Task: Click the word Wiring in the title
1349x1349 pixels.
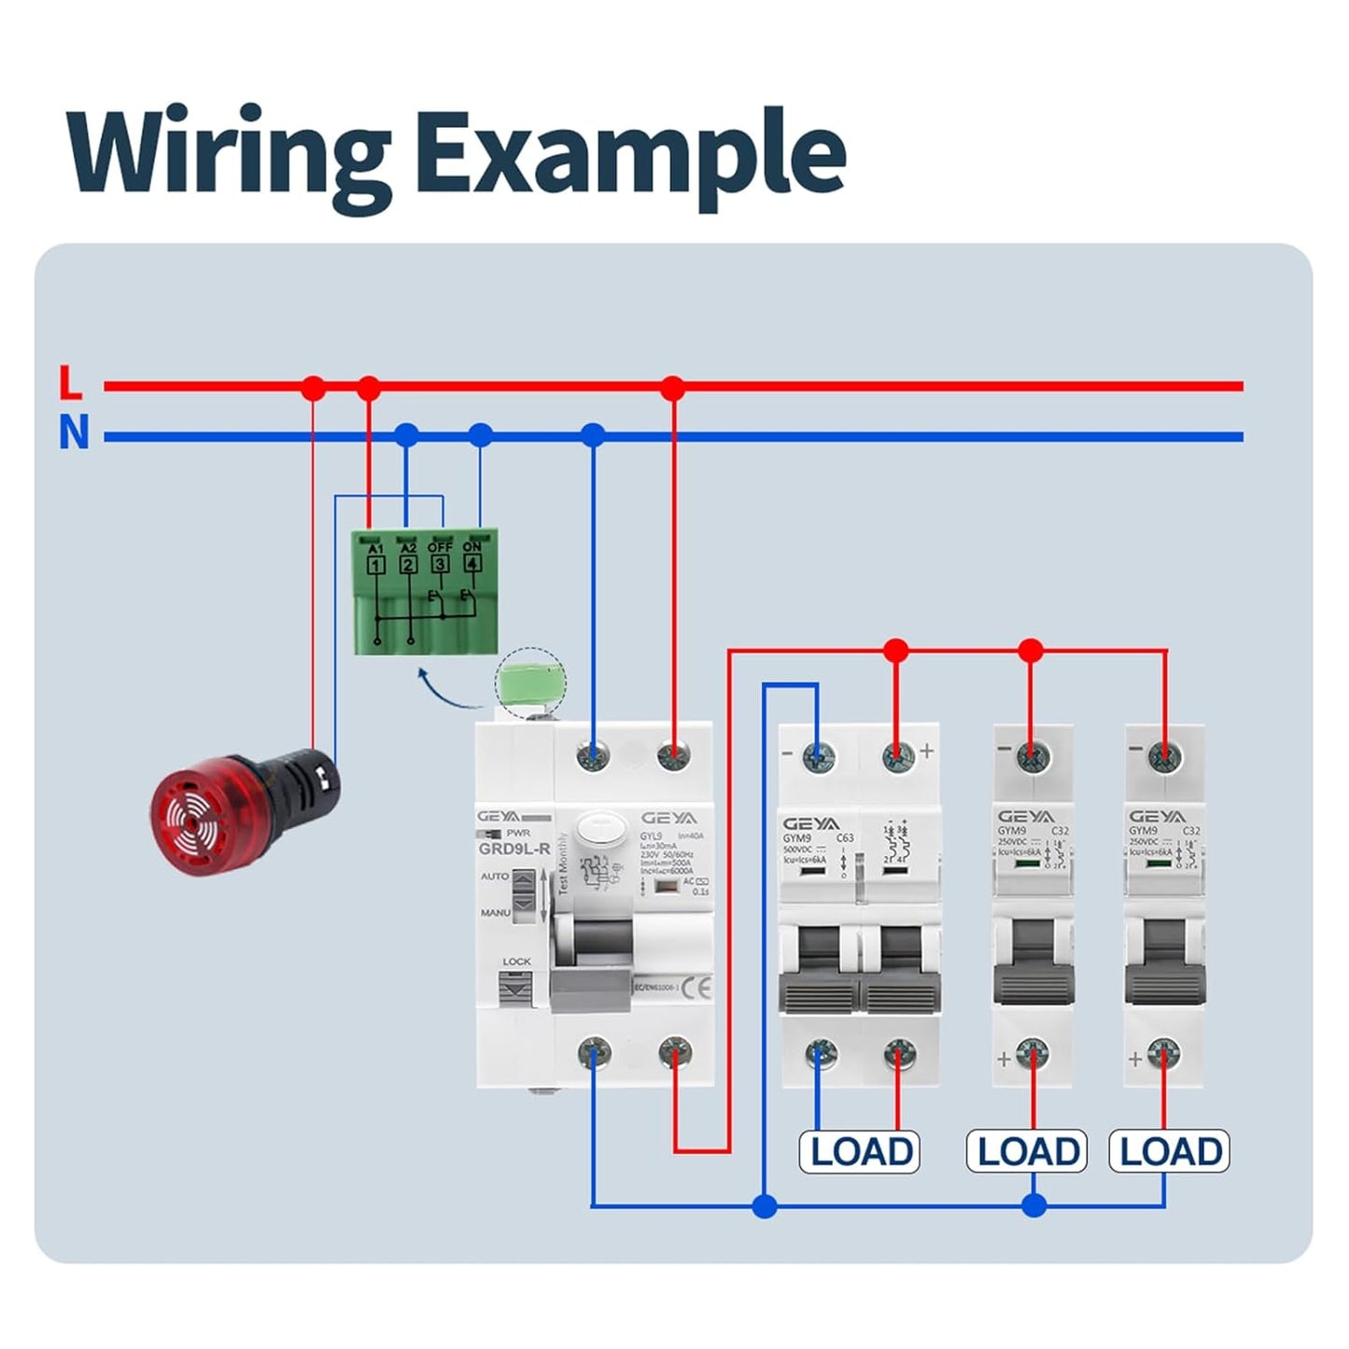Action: (x=229, y=152)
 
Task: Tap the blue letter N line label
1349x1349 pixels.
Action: (x=74, y=434)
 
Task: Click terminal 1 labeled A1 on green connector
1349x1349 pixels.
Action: (x=375, y=564)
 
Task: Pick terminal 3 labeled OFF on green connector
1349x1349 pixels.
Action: (x=440, y=563)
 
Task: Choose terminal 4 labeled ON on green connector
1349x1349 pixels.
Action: (x=472, y=563)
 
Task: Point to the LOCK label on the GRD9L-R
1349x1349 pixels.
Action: (x=516, y=961)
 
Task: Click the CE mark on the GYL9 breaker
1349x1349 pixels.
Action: (x=696, y=986)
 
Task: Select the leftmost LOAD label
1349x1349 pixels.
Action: (x=860, y=1151)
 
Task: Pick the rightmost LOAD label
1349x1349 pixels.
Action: (x=1169, y=1151)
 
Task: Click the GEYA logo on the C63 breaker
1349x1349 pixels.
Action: (x=810, y=823)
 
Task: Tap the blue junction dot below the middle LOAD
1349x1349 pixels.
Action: (x=1033, y=1205)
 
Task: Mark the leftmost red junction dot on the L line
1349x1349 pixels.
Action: (x=315, y=386)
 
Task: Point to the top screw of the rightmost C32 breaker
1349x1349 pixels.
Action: (x=1162, y=756)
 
